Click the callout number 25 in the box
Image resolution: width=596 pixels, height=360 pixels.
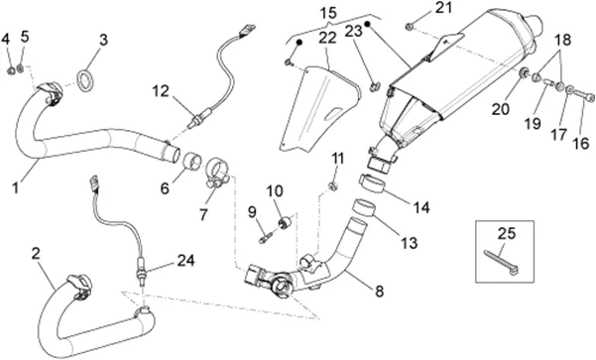click(x=507, y=234)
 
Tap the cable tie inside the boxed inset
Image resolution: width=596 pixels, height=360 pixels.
click(x=502, y=263)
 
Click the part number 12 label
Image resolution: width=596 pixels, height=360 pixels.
click(x=161, y=91)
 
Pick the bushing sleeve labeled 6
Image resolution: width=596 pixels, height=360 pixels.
click(x=192, y=162)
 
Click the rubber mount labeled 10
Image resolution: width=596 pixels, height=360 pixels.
click(x=287, y=221)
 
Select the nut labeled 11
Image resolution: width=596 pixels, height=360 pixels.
click(x=333, y=185)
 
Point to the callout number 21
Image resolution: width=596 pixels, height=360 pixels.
click(x=443, y=7)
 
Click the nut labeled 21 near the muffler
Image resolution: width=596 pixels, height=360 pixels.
click(x=410, y=26)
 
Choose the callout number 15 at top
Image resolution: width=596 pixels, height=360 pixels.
click(x=328, y=13)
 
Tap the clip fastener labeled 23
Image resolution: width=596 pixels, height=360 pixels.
click(x=375, y=87)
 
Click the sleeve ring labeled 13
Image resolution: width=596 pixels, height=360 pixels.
click(x=363, y=207)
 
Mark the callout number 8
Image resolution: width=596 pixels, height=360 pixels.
click(x=380, y=292)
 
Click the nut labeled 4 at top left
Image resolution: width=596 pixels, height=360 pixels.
click(x=11, y=70)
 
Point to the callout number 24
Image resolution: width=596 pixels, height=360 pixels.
click(x=185, y=261)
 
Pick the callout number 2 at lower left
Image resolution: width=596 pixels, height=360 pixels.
click(x=36, y=253)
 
